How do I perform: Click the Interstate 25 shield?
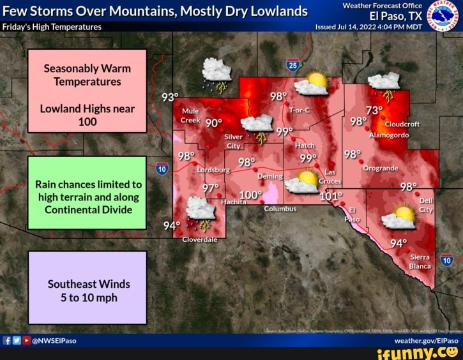pyautogui.click(x=292, y=64)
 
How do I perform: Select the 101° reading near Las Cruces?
pyautogui.click(x=331, y=196)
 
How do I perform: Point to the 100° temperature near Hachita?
pyautogui.click(x=251, y=195)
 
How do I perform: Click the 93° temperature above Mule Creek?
pyautogui.click(x=170, y=98)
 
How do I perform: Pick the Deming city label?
pyautogui.click(x=269, y=176)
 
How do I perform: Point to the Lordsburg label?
pyautogui.click(x=213, y=170)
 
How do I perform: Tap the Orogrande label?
pyautogui.click(x=381, y=169)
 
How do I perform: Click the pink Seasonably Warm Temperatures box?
pyautogui.click(x=87, y=91)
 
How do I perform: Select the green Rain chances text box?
pyautogui.click(x=87, y=192)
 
